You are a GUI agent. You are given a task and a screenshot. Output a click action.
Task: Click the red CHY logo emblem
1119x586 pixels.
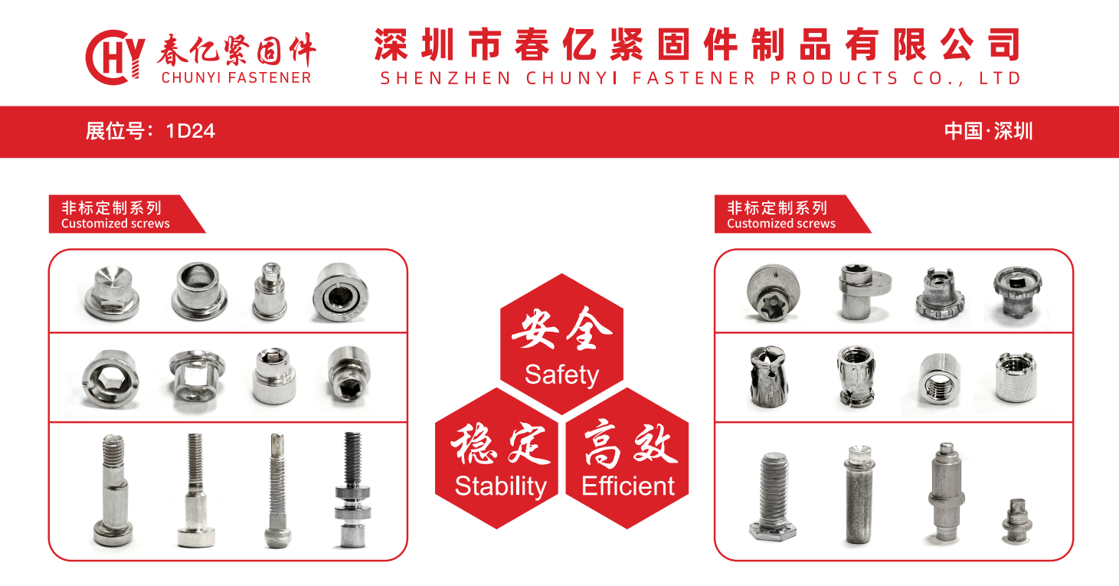click(x=115, y=57)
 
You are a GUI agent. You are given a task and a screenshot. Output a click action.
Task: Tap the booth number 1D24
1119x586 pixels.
click(x=191, y=132)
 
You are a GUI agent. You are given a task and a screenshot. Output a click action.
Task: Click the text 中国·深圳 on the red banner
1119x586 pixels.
click(x=988, y=132)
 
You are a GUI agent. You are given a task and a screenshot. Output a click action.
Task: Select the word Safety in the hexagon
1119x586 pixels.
click(x=561, y=375)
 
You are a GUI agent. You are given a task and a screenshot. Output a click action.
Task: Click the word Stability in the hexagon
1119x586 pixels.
click(x=501, y=486)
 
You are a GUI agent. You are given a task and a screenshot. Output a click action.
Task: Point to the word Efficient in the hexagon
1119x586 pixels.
click(x=628, y=486)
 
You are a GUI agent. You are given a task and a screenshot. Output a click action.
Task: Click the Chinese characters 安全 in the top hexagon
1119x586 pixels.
click(x=561, y=329)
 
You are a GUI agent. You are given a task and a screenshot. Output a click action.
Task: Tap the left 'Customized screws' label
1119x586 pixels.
click(x=116, y=224)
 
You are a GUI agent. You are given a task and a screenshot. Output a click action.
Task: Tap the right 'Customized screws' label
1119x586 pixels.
click(x=780, y=224)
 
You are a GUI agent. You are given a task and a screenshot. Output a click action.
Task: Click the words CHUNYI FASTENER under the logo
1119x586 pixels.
click(x=237, y=78)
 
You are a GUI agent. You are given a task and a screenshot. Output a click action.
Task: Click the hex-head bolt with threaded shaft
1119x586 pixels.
click(x=773, y=496)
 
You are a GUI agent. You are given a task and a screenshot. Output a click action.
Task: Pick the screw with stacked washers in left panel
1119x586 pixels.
click(x=352, y=489)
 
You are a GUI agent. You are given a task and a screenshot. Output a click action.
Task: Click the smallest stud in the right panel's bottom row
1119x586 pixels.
click(x=1016, y=521)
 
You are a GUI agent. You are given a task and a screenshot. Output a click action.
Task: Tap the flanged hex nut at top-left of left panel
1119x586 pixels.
click(x=111, y=293)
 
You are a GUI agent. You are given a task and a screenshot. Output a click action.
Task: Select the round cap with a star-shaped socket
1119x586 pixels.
click(x=773, y=293)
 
